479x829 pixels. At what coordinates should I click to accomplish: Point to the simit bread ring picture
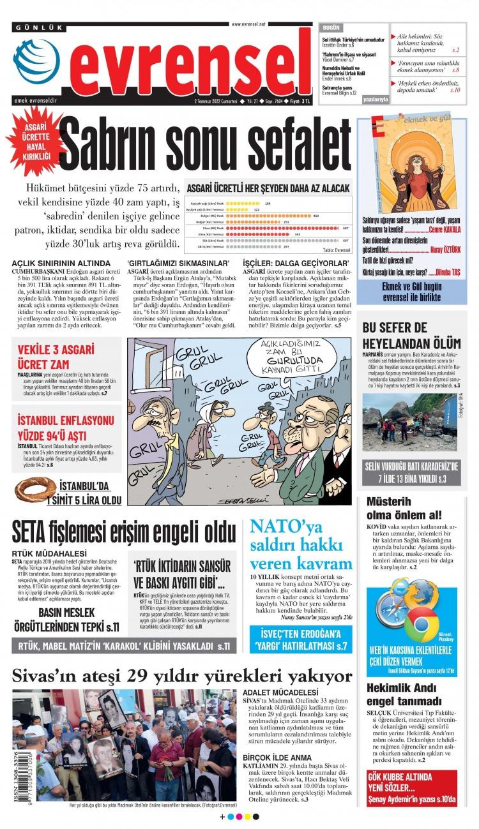coord(36,489)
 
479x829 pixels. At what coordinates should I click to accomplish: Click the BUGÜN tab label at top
coord(331,29)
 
